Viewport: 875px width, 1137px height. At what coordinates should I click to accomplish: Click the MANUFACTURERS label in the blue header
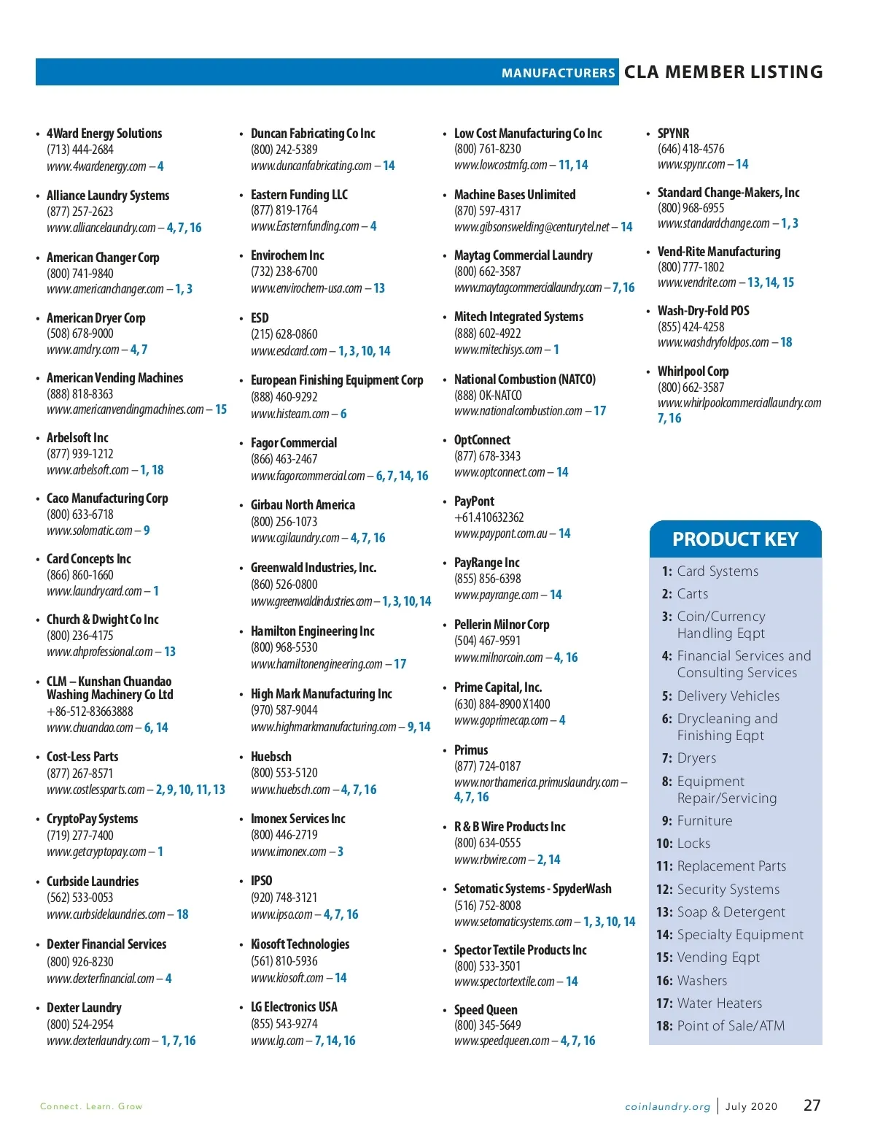tap(558, 73)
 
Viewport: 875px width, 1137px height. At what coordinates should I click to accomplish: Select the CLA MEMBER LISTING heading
tap(723, 72)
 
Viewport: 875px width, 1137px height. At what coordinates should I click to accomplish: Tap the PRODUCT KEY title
tap(735, 539)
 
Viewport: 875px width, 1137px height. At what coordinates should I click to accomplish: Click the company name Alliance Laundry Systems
tap(108, 196)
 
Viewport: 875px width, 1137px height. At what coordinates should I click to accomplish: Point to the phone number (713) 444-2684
tap(80, 150)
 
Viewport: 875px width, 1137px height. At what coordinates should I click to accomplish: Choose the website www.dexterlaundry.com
tap(98, 1041)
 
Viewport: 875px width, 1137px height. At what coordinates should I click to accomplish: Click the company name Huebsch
tap(271, 757)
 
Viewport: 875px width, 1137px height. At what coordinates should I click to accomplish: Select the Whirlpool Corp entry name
tap(693, 371)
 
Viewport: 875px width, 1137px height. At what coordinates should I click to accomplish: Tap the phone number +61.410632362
tap(489, 517)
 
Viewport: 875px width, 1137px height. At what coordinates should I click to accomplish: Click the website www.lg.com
tap(277, 1041)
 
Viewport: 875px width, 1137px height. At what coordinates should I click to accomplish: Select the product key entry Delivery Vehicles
tap(728, 696)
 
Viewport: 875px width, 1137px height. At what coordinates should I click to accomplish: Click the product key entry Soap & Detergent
tap(731, 912)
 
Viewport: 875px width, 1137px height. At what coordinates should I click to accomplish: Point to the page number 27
tap(812, 1106)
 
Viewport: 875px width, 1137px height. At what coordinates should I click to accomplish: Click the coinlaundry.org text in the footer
tap(667, 1107)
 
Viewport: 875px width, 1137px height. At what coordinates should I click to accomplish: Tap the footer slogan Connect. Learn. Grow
tap(91, 1107)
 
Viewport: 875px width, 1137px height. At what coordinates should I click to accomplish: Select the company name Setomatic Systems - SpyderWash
tap(532, 889)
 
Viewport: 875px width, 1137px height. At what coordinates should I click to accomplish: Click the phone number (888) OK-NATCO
tap(488, 396)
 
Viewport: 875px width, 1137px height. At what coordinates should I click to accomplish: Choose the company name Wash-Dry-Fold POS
tap(703, 311)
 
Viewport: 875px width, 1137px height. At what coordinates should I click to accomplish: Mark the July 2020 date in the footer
tap(751, 1107)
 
